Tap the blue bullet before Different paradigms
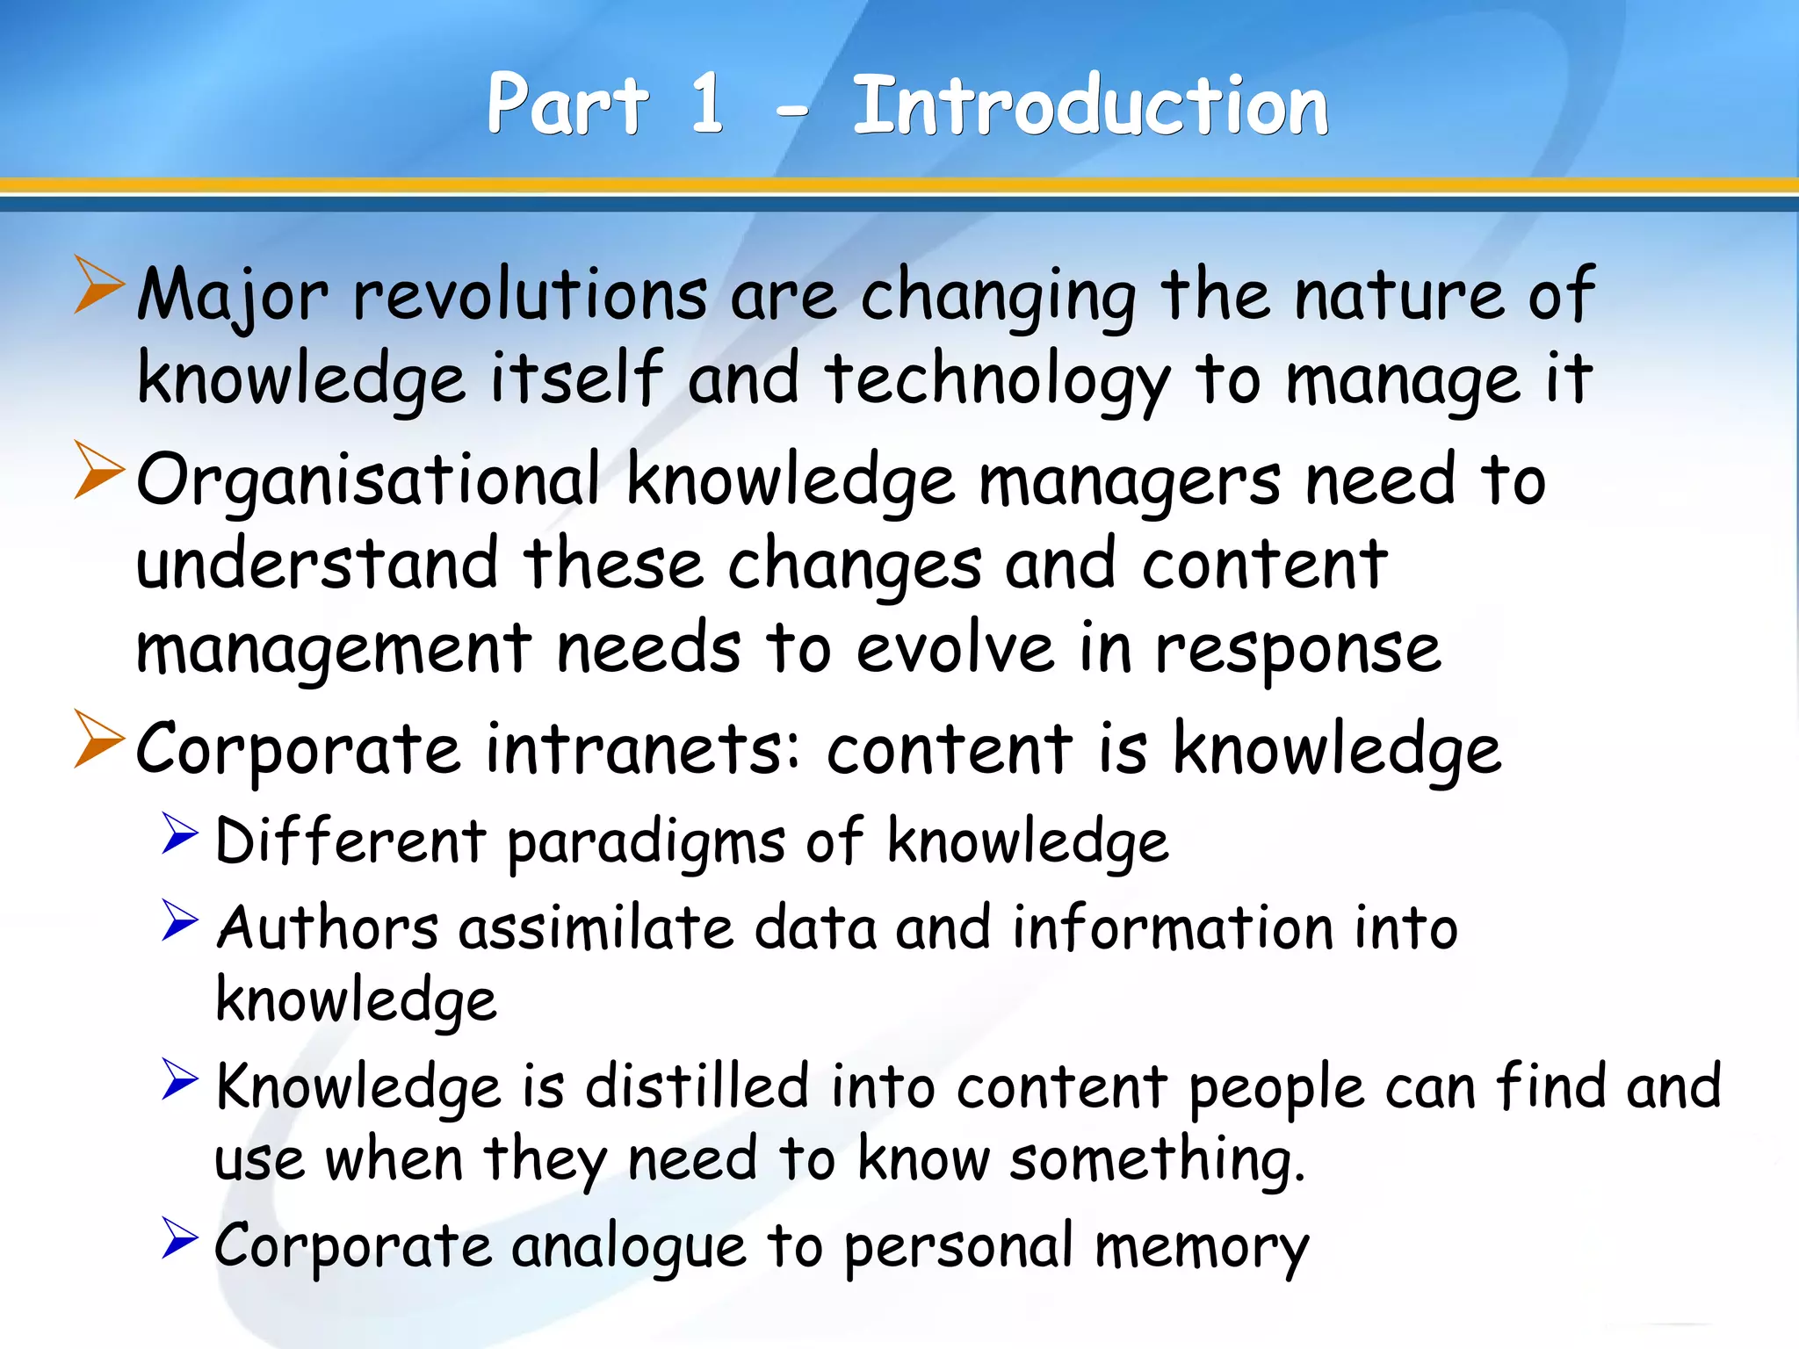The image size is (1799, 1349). pos(180,833)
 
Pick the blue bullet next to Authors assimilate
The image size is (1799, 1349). pos(180,920)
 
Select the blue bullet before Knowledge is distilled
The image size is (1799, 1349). pos(180,1078)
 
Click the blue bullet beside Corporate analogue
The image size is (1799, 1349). pos(180,1237)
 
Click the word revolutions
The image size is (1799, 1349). pos(530,295)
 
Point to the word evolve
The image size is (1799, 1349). pos(955,649)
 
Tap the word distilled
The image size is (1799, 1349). pos(697,1086)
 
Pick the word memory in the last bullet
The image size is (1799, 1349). pos(1202,1248)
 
